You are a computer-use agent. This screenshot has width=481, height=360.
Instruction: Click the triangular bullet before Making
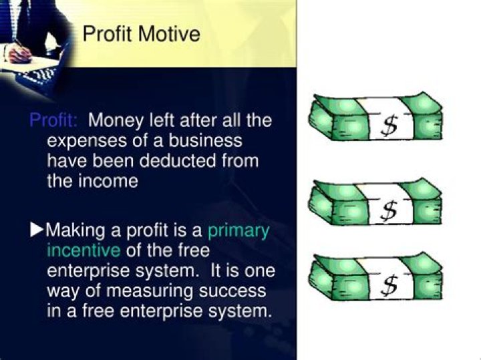click(x=37, y=230)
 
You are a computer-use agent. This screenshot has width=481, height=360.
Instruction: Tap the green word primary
click(x=238, y=231)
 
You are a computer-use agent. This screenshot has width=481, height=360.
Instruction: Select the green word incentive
click(x=84, y=250)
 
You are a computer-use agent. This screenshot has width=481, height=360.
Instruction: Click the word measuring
click(x=150, y=292)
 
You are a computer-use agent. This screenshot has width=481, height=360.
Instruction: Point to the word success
click(x=232, y=291)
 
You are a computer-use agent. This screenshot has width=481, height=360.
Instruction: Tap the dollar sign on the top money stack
click(x=389, y=126)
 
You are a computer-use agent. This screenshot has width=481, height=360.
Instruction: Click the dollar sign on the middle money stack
click(x=388, y=210)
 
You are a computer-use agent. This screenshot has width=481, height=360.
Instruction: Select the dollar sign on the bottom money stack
click(x=389, y=285)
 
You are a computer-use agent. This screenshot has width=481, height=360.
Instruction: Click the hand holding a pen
click(x=19, y=53)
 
